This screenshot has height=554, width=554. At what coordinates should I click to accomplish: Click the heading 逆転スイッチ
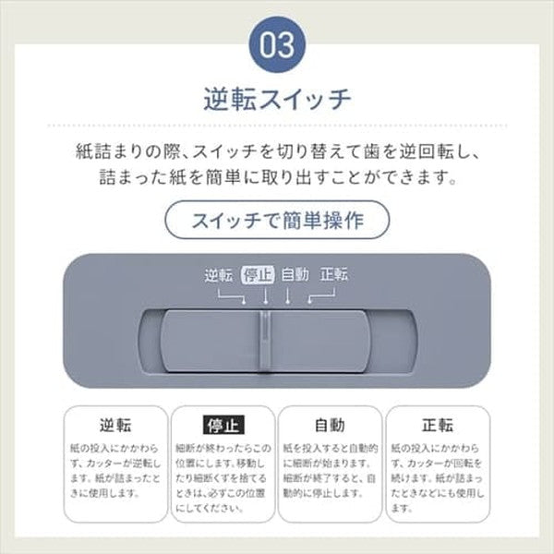click(x=277, y=99)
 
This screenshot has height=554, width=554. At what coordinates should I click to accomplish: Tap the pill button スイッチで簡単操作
click(x=277, y=222)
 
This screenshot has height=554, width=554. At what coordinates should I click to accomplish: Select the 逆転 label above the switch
click(x=219, y=274)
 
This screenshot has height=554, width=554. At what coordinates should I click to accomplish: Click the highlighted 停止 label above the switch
click(x=258, y=274)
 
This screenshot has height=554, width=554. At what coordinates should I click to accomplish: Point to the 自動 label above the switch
click(x=295, y=274)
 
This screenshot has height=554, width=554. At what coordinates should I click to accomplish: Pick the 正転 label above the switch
click(x=333, y=274)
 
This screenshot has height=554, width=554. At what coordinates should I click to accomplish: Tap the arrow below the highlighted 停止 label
click(x=266, y=295)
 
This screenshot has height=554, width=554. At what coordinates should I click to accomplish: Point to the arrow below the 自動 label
click(x=288, y=295)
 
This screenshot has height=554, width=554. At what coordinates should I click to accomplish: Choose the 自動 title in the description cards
click(x=330, y=426)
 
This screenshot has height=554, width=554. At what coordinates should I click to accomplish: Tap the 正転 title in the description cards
click(x=438, y=426)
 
